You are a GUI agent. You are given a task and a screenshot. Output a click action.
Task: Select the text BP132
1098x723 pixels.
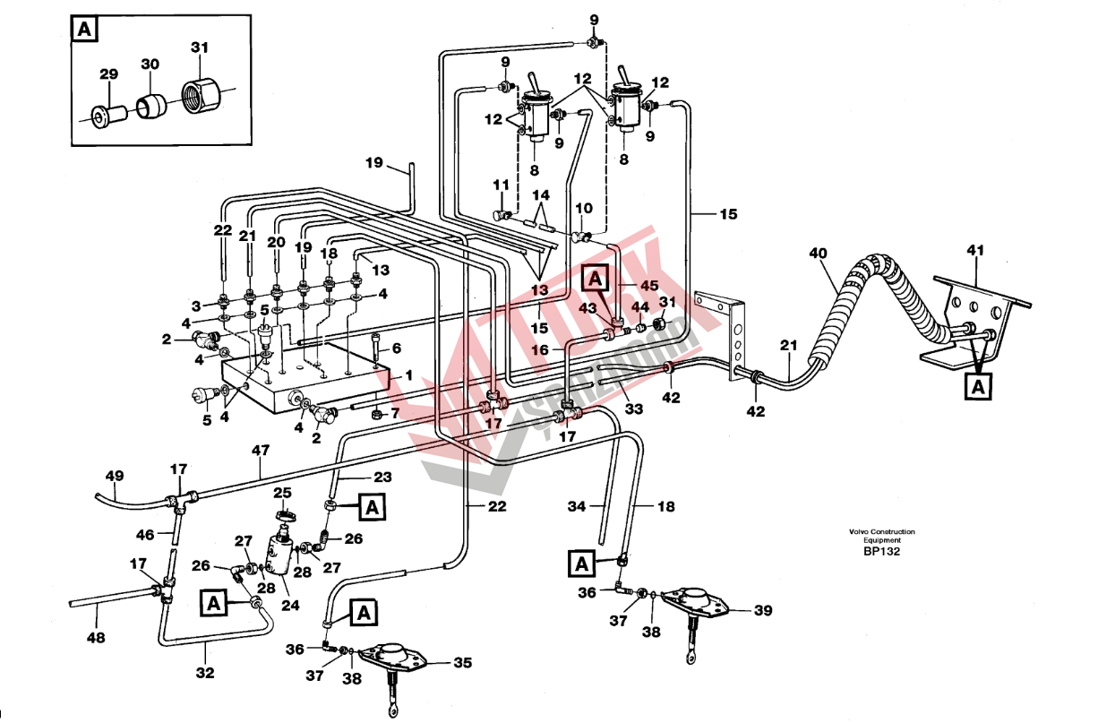882,552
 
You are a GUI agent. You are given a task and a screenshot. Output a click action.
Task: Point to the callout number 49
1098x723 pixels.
115,476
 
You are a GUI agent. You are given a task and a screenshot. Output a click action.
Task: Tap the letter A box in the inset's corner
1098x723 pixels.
84,30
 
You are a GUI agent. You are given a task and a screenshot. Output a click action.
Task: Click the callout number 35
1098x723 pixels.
462,664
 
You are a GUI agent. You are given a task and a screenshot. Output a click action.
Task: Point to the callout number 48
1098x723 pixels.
97,639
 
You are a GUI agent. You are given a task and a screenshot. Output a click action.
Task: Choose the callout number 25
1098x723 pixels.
282,493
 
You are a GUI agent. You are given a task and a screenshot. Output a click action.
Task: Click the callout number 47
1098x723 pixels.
261,452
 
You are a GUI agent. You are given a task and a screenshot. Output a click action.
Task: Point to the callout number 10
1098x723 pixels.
584,209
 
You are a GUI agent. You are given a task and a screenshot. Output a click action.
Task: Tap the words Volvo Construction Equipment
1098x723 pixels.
882,536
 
